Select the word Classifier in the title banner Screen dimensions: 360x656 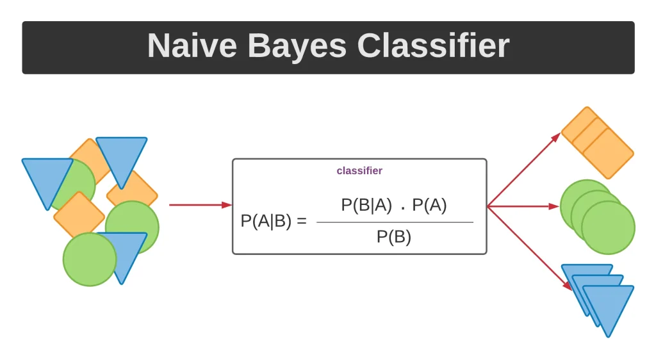(433, 46)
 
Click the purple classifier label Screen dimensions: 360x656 (359, 171)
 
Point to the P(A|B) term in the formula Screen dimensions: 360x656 (266, 221)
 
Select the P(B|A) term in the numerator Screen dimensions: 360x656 (366, 205)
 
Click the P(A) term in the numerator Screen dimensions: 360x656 (430, 205)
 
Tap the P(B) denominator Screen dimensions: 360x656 (394, 237)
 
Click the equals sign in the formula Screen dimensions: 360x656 (302, 222)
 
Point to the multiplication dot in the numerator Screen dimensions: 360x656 (402, 208)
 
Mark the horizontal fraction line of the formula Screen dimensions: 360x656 (395, 222)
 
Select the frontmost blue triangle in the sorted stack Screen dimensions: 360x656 (608, 306)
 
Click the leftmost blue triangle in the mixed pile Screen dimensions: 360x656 (46, 178)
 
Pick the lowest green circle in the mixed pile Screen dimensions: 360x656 (90, 259)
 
